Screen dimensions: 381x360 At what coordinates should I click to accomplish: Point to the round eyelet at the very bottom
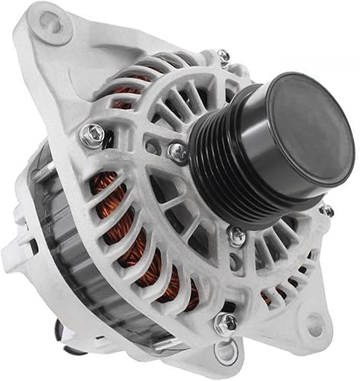click(x=224, y=353)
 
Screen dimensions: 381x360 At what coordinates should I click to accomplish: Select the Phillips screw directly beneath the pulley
click(x=238, y=238)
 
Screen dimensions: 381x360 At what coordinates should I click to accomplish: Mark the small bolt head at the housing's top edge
click(x=222, y=56)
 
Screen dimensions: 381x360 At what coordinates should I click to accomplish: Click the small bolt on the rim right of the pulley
click(x=326, y=210)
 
